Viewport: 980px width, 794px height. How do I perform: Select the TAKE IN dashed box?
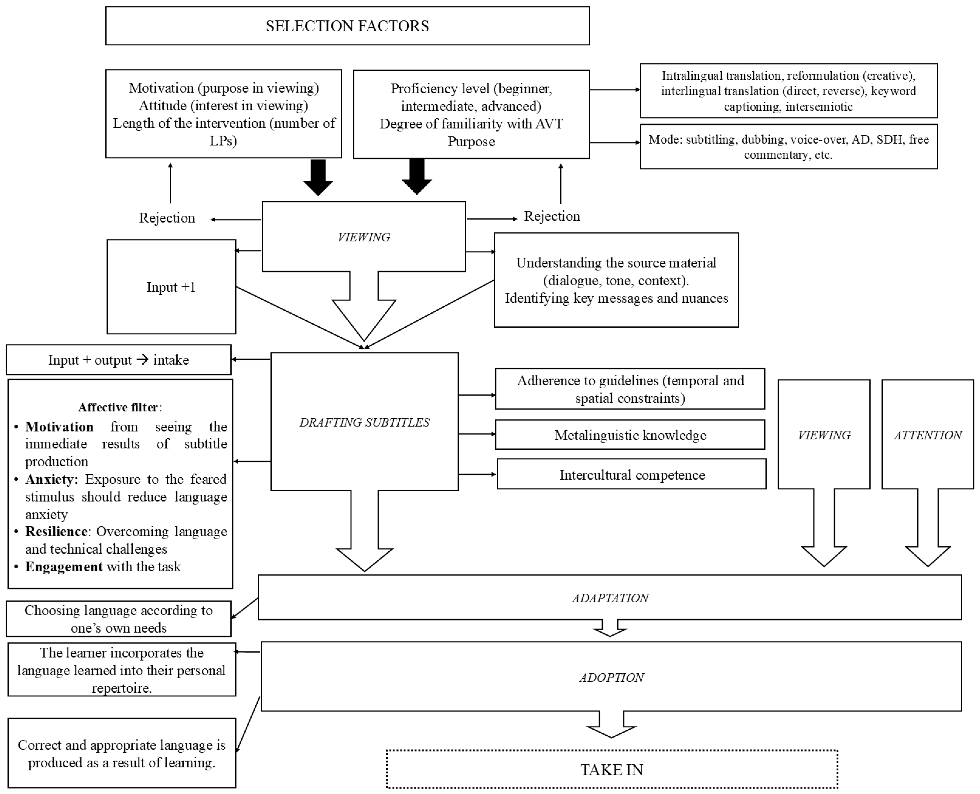click(612, 770)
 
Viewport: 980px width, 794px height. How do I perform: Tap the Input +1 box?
click(171, 287)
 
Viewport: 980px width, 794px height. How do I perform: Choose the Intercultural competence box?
click(632, 475)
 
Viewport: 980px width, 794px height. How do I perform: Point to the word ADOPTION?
click(612, 677)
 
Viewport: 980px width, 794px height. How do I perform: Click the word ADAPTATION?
click(610, 598)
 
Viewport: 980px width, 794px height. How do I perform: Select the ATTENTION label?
click(928, 435)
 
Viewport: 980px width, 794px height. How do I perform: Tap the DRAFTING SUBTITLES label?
click(364, 422)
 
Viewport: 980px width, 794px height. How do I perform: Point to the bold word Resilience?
click(56, 532)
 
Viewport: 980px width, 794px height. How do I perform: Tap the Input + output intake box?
click(118, 360)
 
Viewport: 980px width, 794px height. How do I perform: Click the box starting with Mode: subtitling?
click(788, 147)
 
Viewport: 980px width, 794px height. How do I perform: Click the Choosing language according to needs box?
click(118, 619)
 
